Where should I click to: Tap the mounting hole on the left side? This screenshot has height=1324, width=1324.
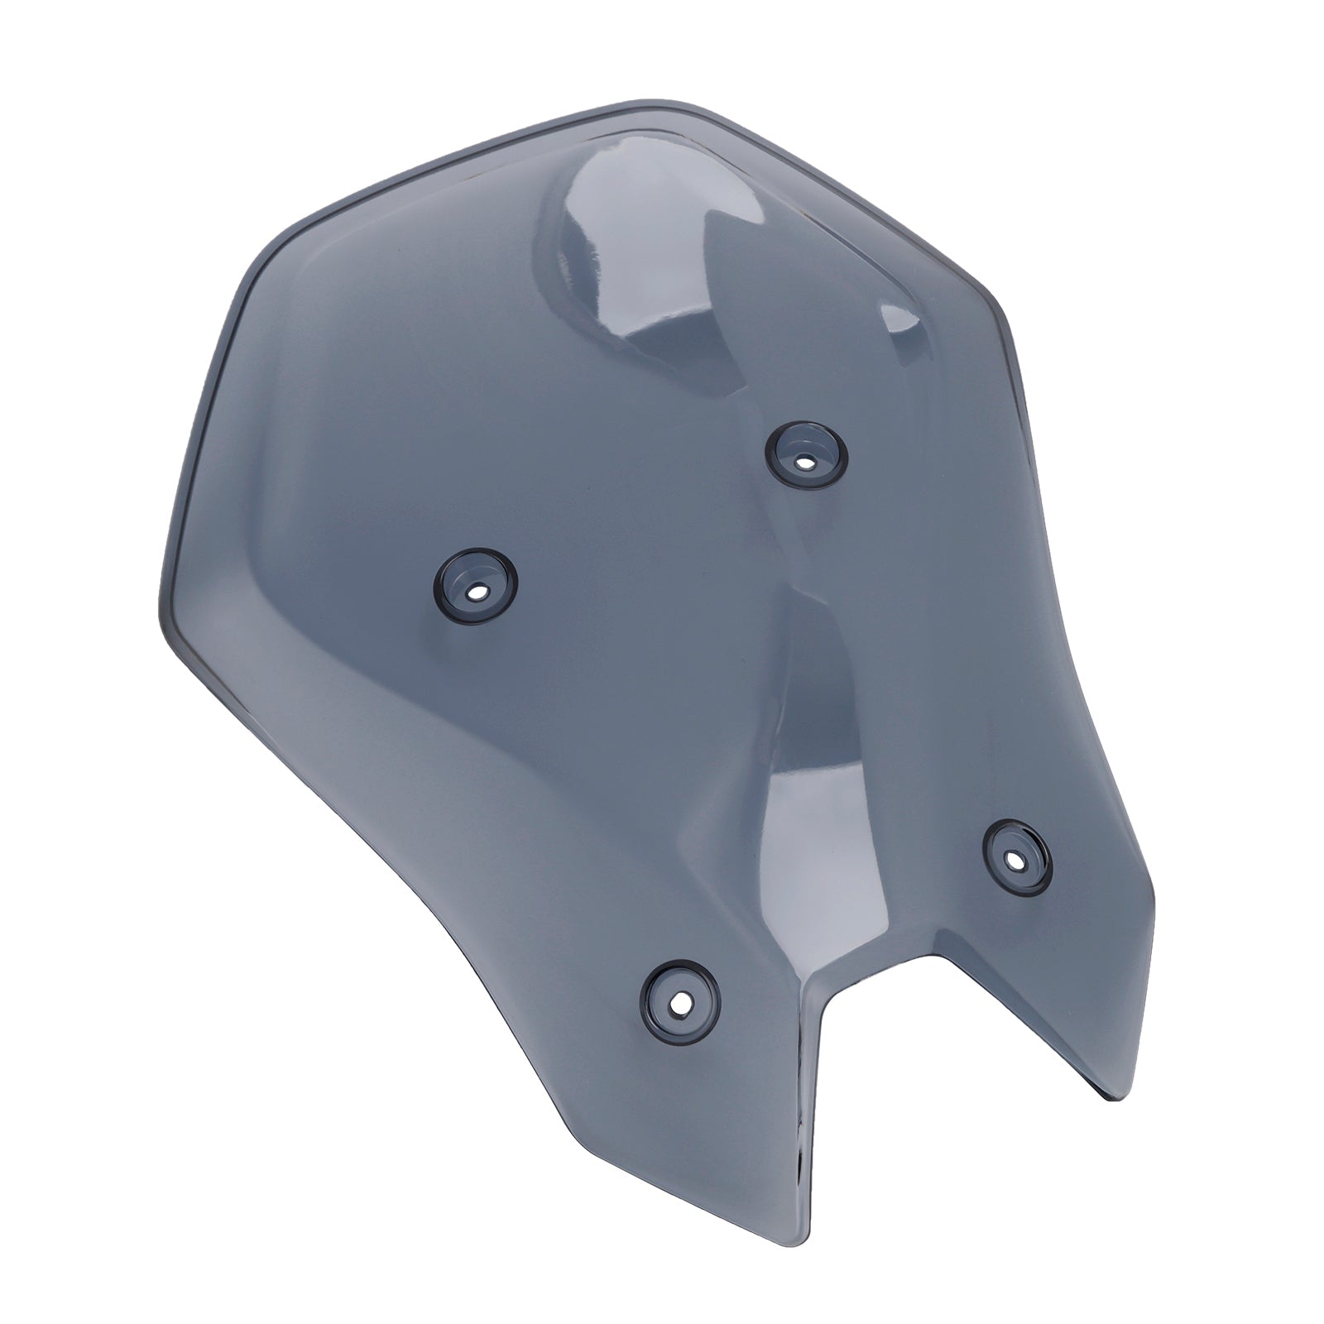[477, 592]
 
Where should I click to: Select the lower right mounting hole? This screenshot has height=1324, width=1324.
[1016, 858]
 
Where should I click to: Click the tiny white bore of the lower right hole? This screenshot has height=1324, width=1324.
[1016, 859]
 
